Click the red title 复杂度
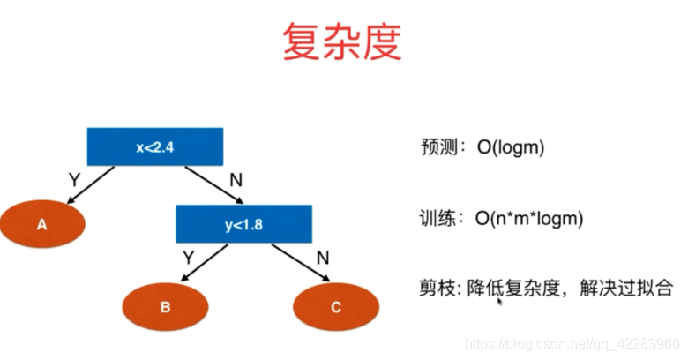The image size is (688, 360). pos(342,41)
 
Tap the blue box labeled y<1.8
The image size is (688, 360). pos(243,225)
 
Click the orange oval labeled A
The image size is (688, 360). pos(41,225)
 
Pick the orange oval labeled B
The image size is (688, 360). pos(164,308)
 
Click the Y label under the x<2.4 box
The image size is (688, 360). pos(75,180)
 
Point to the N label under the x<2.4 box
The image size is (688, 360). pos(236,180)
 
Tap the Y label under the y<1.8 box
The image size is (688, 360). pos(187,258)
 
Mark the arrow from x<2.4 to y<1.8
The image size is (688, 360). pos(213,185)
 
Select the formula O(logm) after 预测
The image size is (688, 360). pos(512,147)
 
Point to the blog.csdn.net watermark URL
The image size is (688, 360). pos(573,343)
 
